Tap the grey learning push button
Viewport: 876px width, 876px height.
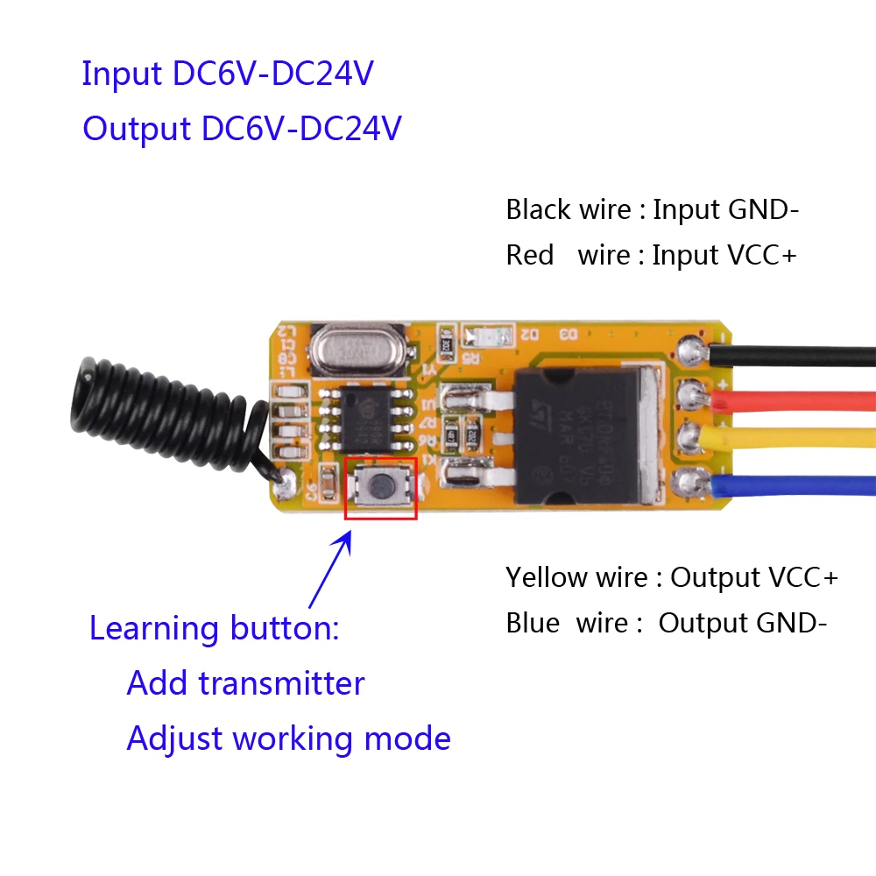click(380, 484)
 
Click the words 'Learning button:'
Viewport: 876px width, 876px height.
click(214, 628)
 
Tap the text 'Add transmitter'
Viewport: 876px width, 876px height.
click(245, 683)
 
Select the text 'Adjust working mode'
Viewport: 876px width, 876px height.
click(288, 738)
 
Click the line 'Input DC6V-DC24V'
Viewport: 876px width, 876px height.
click(228, 74)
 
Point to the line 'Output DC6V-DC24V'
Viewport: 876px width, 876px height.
click(242, 129)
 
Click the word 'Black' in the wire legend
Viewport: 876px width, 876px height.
click(538, 210)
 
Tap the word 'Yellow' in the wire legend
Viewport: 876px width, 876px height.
click(546, 578)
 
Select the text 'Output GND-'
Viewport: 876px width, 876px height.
click(742, 623)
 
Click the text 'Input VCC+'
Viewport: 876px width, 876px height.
click(725, 256)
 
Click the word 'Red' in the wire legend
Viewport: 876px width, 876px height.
click(529, 256)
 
